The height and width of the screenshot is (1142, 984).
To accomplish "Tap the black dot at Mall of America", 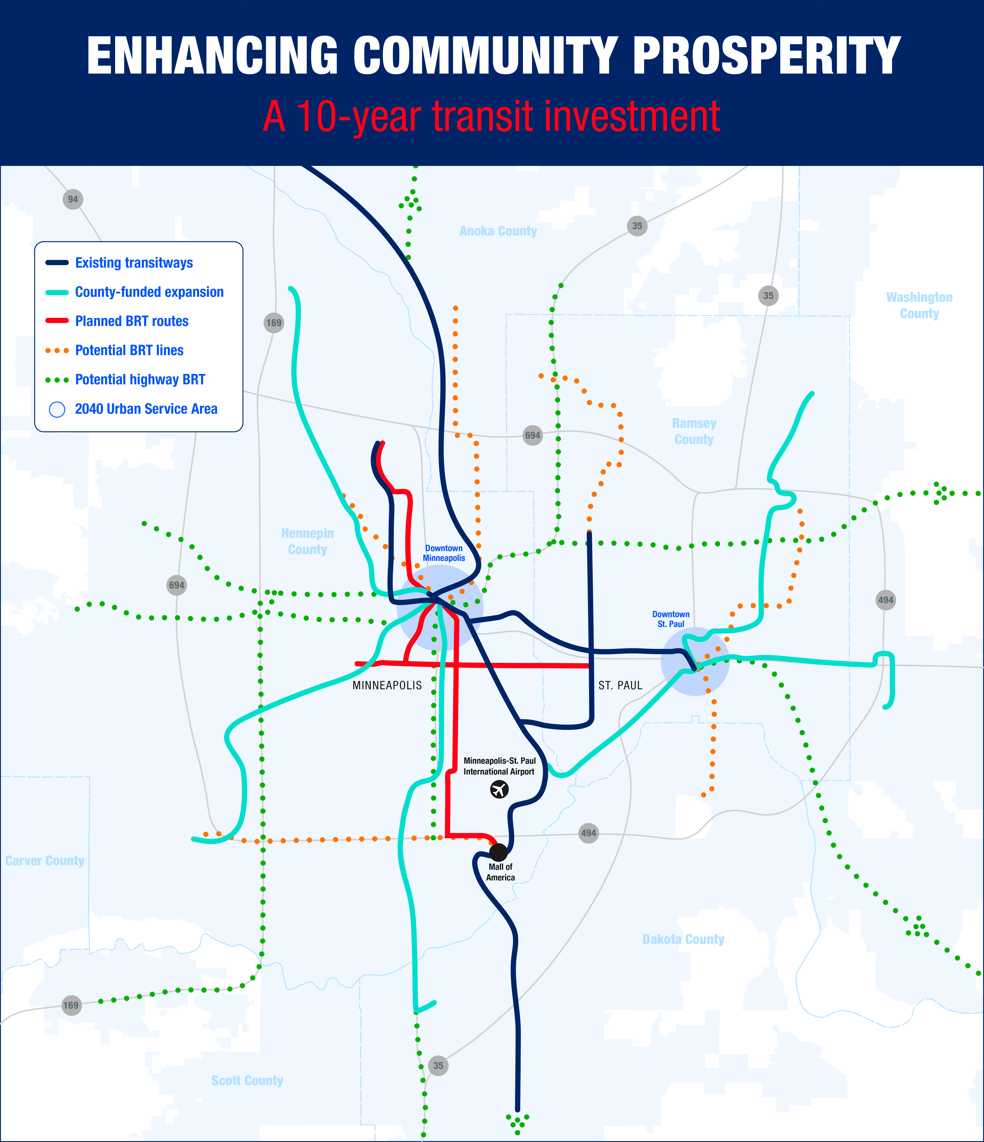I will click(498, 853).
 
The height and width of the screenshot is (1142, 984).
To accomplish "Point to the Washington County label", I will click(919, 305).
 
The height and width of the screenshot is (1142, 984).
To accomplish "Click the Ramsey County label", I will click(694, 431).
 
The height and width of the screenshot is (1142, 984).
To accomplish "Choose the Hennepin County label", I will click(308, 541).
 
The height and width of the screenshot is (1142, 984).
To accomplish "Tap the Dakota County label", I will click(683, 939).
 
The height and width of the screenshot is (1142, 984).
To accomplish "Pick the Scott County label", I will click(247, 1080).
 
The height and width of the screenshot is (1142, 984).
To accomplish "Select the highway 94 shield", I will click(73, 199).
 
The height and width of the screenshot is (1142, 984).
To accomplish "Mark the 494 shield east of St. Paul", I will click(885, 600).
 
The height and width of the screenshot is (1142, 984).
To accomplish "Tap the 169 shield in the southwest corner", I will click(70, 1005).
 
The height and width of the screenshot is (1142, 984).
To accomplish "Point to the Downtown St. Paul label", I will click(671, 619).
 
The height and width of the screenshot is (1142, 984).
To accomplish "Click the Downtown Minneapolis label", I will click(444, 553).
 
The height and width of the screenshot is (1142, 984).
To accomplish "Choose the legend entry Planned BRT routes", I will click(132, 321).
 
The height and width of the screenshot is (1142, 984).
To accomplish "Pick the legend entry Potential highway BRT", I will click(140, 380).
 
